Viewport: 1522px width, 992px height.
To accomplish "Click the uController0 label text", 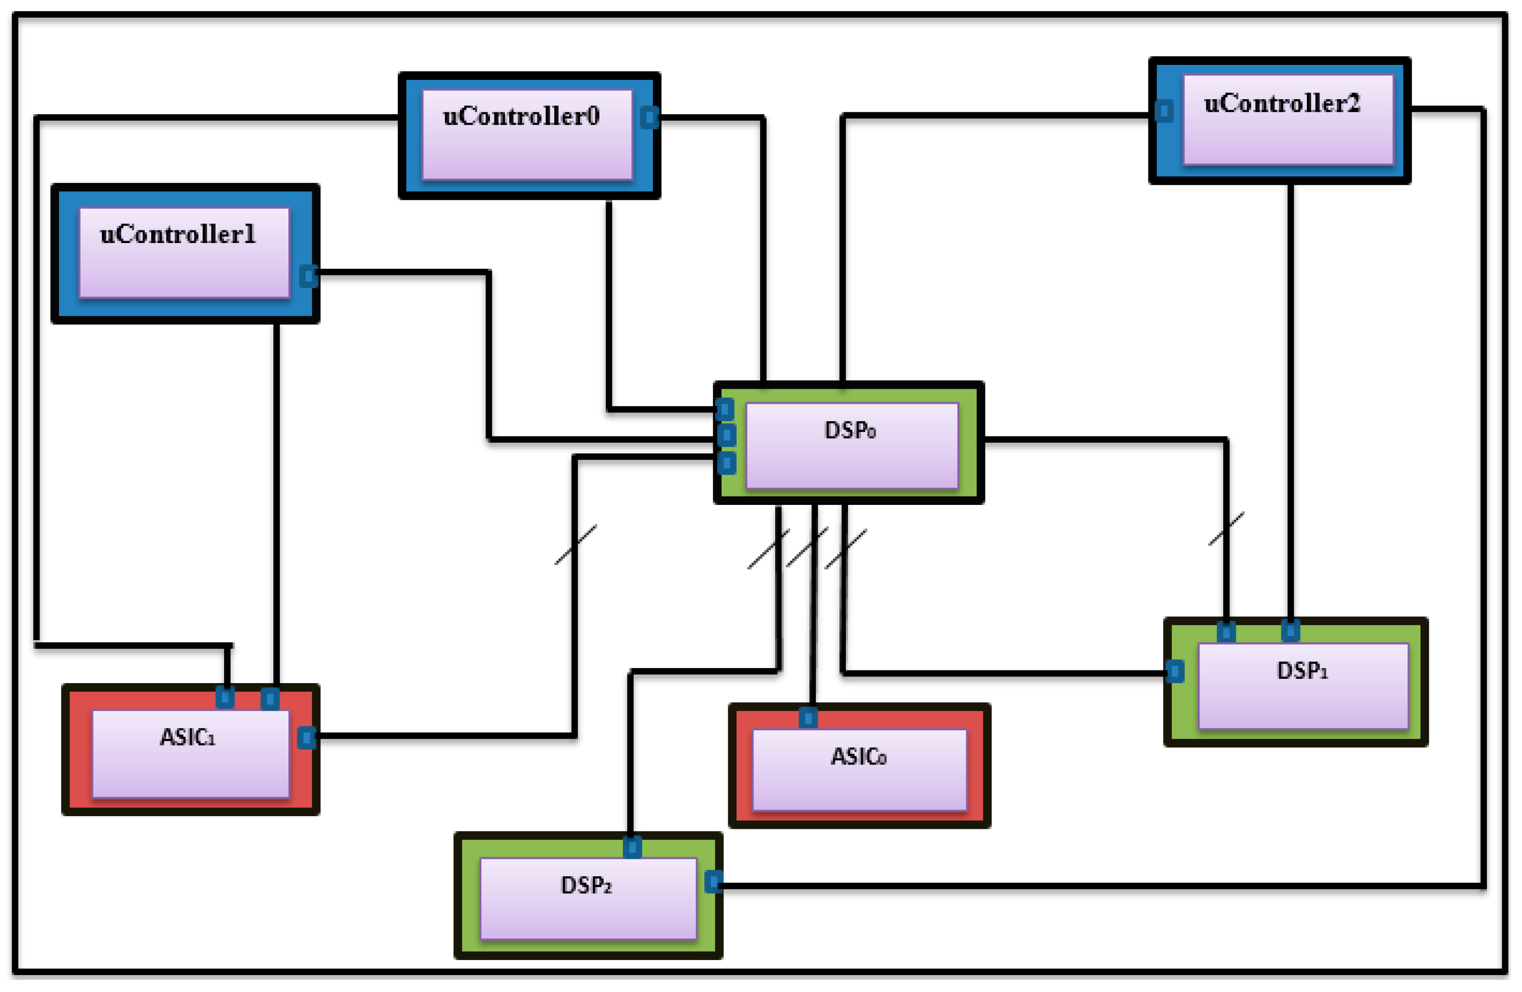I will coord(520,117).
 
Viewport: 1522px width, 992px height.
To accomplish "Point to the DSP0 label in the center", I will coord(850,430).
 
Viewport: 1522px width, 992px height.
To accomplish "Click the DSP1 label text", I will coord(1302,671).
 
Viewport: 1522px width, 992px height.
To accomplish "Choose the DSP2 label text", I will coord(586,886).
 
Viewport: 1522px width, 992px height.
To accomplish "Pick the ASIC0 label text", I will coord(858,757).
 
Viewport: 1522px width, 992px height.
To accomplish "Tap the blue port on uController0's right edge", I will coord(649,117).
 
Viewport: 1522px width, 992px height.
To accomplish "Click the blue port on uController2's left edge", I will coord(1164,111).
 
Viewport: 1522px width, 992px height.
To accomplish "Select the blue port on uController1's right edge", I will coord(308,276).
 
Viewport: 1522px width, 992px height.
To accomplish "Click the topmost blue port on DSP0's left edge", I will coord(724,409).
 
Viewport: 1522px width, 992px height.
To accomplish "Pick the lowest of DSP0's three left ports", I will coord(726,463).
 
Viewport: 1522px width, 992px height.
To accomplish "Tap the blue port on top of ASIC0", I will coord(808,718).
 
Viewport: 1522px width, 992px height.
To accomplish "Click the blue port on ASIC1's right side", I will coord(306,738).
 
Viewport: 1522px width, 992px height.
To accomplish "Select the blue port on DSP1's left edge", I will coord(1175,671).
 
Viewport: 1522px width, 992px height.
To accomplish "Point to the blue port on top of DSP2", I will coord(632,848).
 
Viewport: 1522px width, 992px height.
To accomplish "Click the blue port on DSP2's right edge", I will coord(714,882).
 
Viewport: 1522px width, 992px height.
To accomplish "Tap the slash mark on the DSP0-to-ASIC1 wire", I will coord(575,544).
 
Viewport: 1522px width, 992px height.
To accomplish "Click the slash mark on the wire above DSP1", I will coord(1226,528).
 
